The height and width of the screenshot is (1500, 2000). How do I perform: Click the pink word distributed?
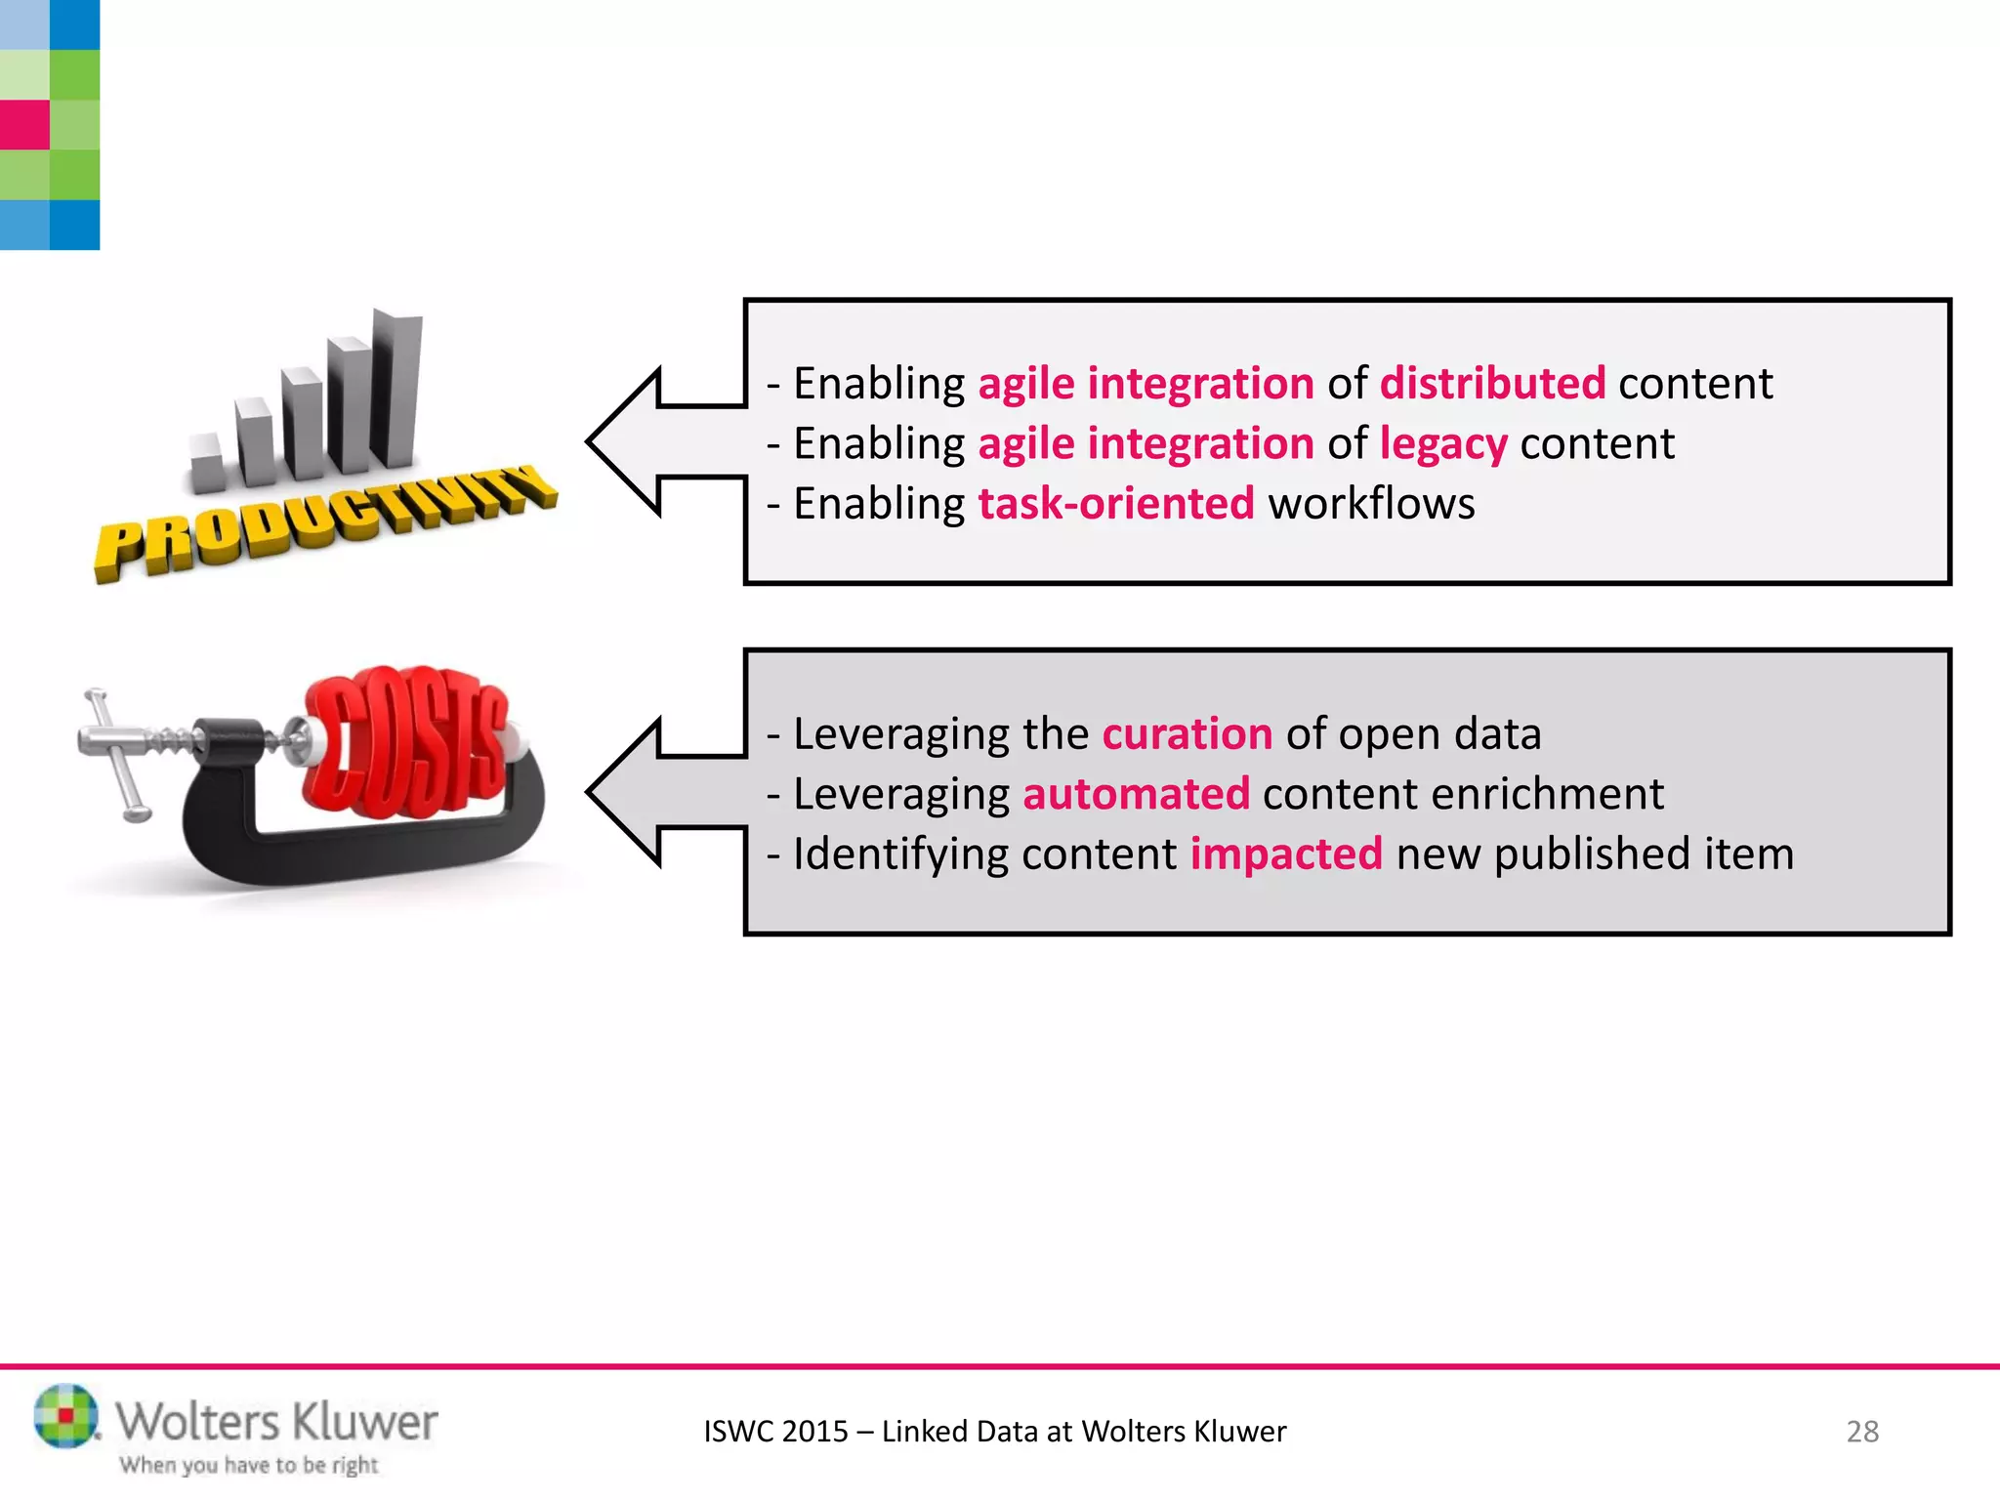coord(1491,384)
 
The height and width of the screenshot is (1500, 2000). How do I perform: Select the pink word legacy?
coord(1442,444)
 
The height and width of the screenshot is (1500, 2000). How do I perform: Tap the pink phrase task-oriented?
coord(1115,504)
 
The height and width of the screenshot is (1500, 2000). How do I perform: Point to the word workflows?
coord(1371,504)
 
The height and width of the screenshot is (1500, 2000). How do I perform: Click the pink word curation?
coord(1187,733)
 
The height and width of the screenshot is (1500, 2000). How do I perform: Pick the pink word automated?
coord(1136,794)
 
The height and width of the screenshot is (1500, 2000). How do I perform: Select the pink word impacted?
coord(1285,854)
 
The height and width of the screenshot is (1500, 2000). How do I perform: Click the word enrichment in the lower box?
coord(1547,794)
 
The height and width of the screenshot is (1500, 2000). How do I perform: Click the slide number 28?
coord(1861,1432)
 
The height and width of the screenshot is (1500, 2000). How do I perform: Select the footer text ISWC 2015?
coord(775,1432)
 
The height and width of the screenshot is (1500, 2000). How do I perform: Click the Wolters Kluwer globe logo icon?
coord(65,1415)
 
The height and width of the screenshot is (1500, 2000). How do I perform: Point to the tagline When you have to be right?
coord(248,1465)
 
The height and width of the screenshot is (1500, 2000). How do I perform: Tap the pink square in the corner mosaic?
coord(24,125)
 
